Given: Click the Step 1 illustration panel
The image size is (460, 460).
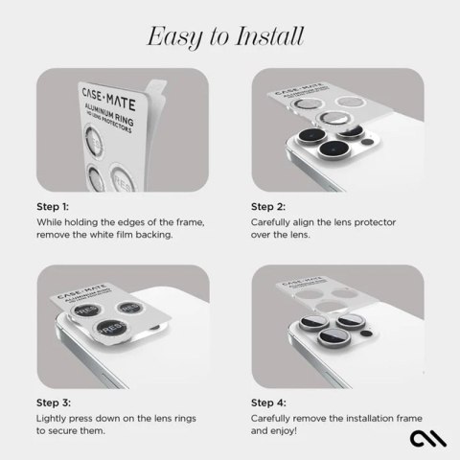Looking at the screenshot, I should click(x=123, y=129).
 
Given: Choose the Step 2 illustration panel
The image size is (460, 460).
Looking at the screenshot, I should click(x=337, y=129).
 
